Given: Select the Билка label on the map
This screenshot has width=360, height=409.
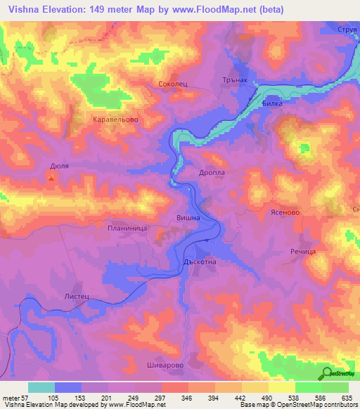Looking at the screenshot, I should [271, 103].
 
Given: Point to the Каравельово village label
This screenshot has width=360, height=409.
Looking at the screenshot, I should [115, 119].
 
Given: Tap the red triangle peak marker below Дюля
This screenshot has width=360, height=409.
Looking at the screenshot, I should [51, 178].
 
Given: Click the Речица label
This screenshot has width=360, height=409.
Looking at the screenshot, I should [303, 251].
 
